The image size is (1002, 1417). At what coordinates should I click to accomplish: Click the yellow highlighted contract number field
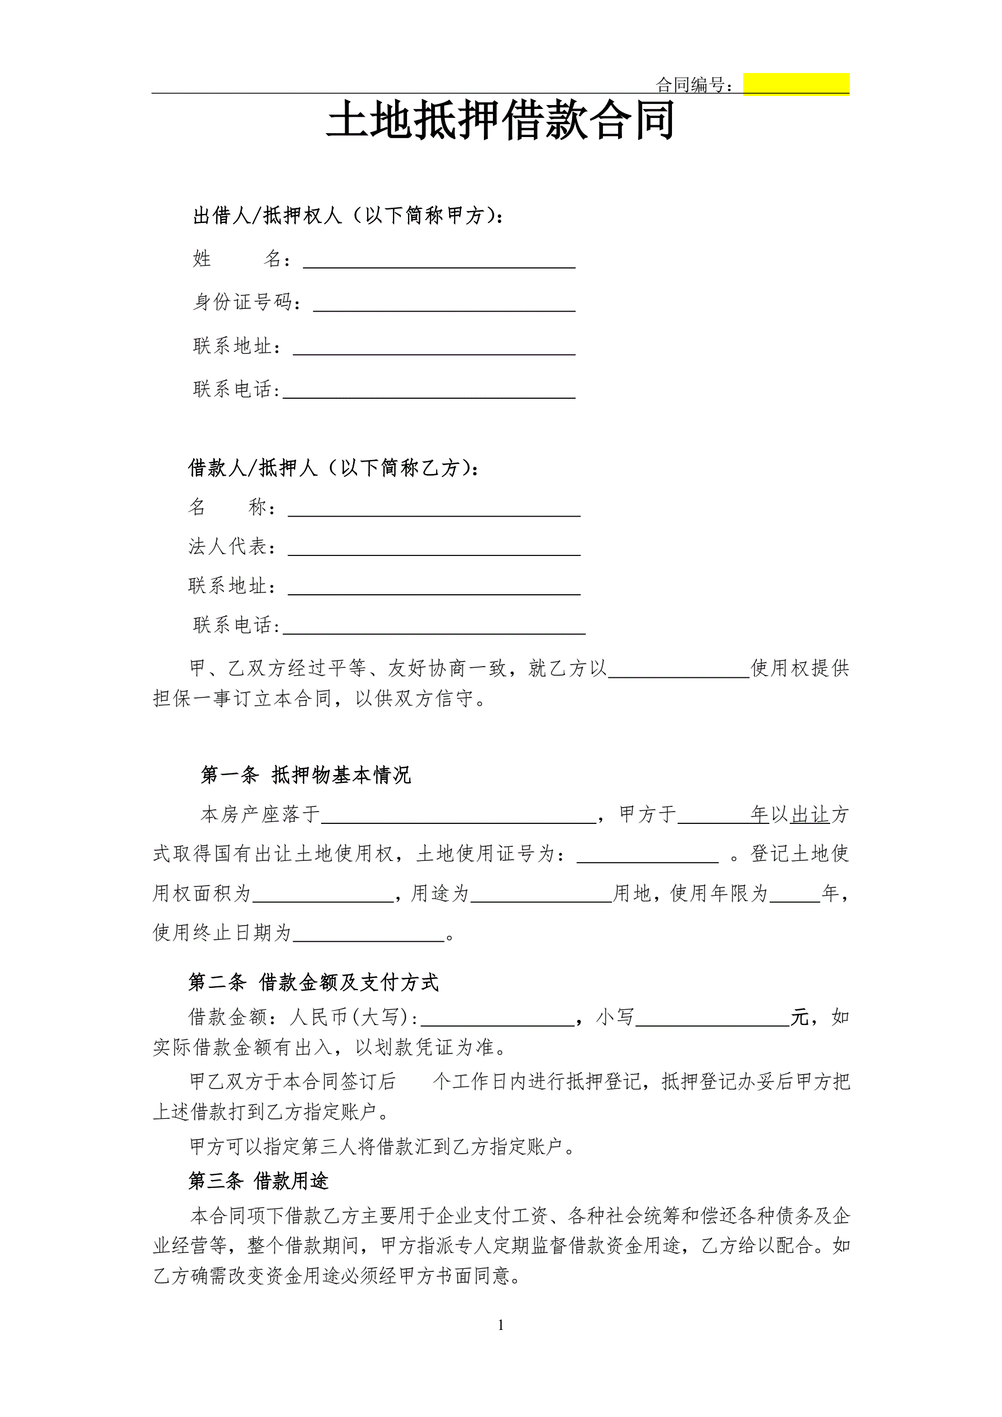796,84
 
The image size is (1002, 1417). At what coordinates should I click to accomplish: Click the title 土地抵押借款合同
500,121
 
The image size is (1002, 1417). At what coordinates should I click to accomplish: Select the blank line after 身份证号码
444,304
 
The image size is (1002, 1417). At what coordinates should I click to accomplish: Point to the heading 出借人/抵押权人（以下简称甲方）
348,216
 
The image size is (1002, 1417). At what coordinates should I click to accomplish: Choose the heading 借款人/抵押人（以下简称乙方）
333,468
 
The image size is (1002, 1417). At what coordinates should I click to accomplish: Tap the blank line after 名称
434,508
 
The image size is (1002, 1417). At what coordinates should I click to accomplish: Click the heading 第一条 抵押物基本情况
305,775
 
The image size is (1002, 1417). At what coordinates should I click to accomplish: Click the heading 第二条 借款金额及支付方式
313,982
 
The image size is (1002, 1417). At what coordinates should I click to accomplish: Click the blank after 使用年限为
795,894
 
